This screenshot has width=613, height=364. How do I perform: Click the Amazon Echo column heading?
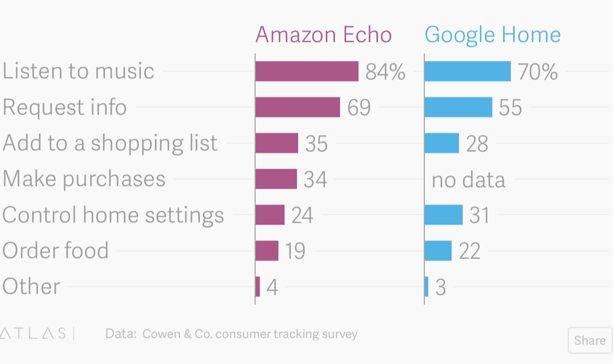click(x=323, y=35)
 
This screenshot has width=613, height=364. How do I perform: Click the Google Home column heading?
click(x=492, y=35)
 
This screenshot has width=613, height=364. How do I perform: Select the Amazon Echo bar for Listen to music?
click(x=306, y=71)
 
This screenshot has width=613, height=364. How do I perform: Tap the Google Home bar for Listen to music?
click(x=467, y=71)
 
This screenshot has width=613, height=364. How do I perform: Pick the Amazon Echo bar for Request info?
click(x=298, y=107)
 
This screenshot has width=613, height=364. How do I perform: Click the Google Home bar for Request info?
click(x=458, y=107)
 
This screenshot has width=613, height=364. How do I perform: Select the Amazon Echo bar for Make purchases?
click(x=276, y=179)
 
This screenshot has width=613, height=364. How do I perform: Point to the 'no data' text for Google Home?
click(x=468, y=180)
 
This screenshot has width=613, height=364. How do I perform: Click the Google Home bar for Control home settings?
click(x=443, y=215)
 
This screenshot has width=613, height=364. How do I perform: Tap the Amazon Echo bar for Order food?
click(x=267, y=251)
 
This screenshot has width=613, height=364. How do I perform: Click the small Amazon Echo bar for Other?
click(x=258, y=286)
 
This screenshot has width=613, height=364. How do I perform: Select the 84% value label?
click(x=385, y=72)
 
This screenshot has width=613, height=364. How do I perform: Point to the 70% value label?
click(x=538, y=72)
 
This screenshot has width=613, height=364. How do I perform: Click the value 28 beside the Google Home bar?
click(x=477, y=144)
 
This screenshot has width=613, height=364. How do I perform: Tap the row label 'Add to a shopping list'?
click(x=110, y=143)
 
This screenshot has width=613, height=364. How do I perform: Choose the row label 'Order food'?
click(x=55, y=251)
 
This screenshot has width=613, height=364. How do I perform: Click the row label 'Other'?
click(x=31, y=286)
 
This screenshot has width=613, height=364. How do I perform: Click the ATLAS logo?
click(x=33, y=334)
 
